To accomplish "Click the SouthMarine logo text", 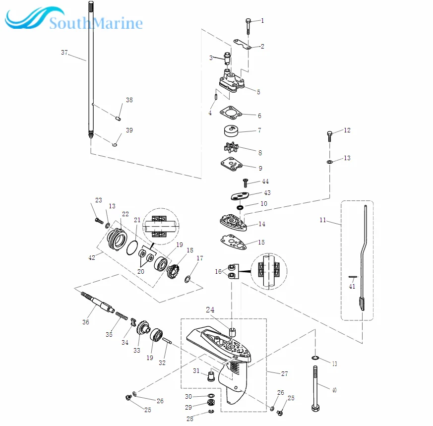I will click(96, 23).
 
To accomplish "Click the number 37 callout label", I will click(64, 53).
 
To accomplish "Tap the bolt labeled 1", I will click(248, 24).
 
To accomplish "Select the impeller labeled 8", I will click(232, 148).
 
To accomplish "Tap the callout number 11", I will click(323, 220).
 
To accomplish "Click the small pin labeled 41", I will click(351, 278).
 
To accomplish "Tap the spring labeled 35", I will click(122, 316).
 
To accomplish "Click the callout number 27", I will click(284, 373).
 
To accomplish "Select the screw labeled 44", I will click(245, 183).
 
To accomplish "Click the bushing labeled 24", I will click(232, 331).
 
